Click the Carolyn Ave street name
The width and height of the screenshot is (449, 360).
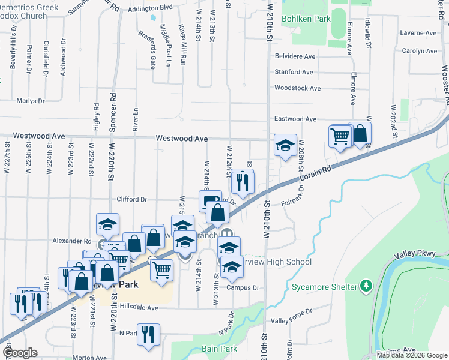click(x=420, y=51)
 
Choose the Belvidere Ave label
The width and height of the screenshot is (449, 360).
click(x=295, y=56)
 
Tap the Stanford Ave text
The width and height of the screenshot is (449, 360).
click(x=294, y=72)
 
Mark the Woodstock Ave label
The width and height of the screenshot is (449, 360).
click(x=297, y=88)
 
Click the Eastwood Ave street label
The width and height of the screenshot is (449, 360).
click(x=295, y=119)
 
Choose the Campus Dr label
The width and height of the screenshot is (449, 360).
click(x=243, y=288)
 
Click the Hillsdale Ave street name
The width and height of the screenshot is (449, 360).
click(x=138, y=308)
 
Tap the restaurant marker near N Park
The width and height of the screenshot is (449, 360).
click(x=148, y=335)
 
